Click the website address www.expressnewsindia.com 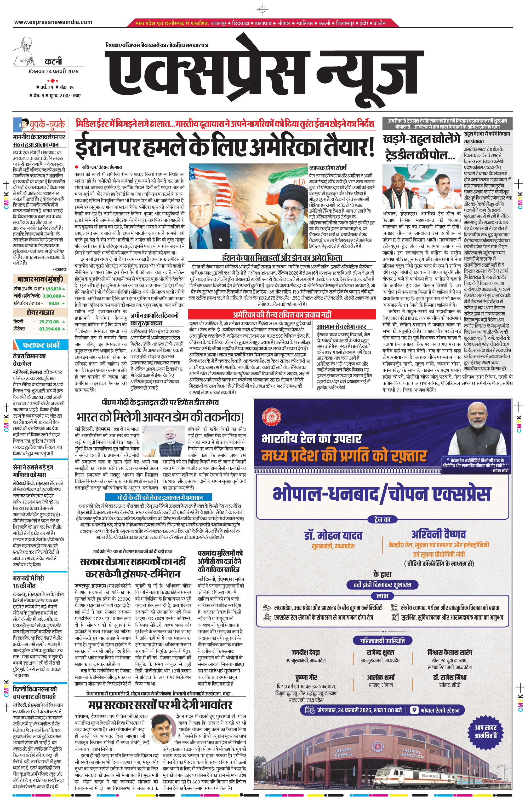point(53,22)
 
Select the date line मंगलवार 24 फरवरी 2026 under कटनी point(53,72)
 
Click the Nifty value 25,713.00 point(49,322)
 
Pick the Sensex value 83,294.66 point(50,329)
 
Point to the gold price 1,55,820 point(53,289)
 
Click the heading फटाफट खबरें point(41,345)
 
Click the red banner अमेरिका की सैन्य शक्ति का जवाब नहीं point(282,315)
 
